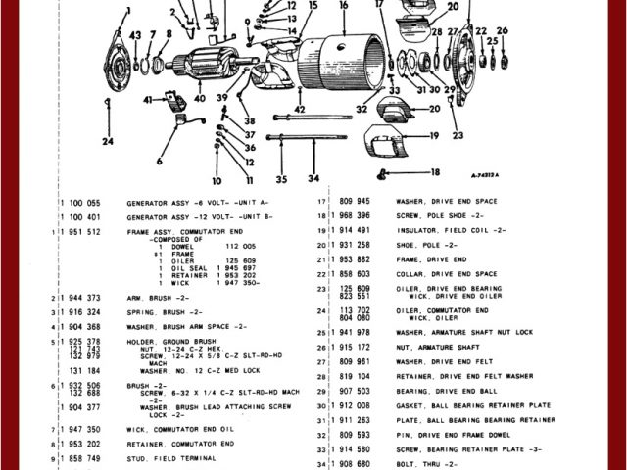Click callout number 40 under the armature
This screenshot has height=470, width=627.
(200, 98)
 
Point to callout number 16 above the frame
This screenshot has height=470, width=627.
(343, 5)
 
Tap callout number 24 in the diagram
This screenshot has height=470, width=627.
(107, 140)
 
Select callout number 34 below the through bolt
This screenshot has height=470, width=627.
(313, 178)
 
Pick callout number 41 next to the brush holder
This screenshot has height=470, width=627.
(147, 99)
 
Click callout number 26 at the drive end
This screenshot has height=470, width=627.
(503, 30)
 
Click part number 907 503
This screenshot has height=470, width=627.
(358, 389)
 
